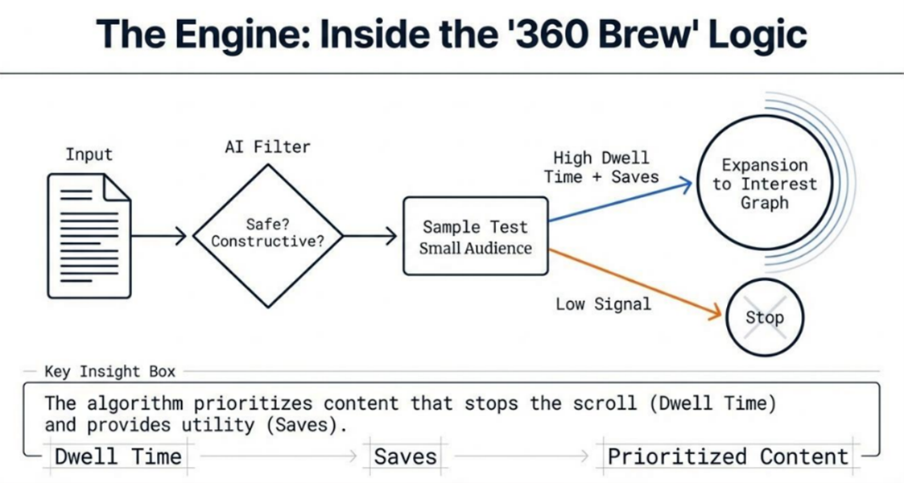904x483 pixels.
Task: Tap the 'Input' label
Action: (x=89, y=155)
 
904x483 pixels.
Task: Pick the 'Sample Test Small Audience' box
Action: (x=476, y=237)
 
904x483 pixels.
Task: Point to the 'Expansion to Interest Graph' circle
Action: (x=764, y=184)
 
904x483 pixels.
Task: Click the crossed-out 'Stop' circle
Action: (x=764, y=317)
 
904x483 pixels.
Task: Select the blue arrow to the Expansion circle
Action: (x=620, y=202)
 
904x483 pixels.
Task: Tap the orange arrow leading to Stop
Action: (x=636, y=283)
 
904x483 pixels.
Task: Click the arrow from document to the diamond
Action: (x=159, y=237)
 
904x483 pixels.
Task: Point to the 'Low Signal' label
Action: (x=603, y=304)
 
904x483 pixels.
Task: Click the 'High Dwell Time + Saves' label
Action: (x=601, y=167)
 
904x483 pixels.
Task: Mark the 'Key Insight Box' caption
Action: (x=110, y=372)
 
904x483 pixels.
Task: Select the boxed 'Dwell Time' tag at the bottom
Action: (x=118, y=457)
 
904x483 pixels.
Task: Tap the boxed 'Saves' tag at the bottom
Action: (x=406, y=457)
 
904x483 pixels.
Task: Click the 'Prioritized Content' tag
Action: (x=728, y=457)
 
